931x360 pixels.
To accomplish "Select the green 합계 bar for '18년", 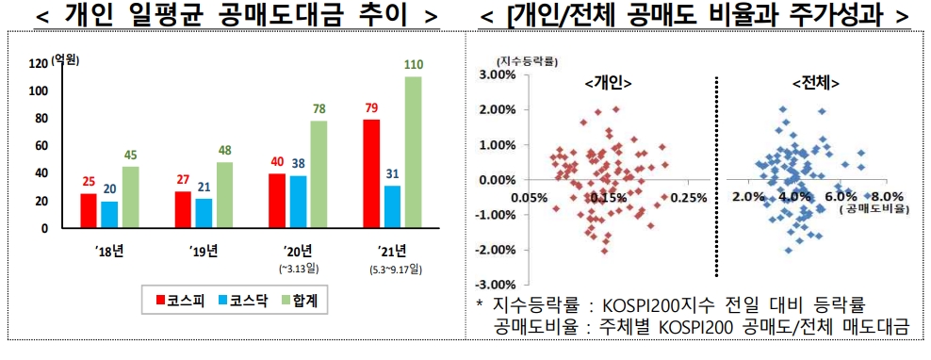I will pos(130,197).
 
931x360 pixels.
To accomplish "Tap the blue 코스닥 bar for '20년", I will pos(298,202).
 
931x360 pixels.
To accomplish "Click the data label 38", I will pos(298,163).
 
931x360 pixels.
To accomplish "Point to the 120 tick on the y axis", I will pos(39,64).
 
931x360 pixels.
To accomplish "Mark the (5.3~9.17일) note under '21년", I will pos(395,270).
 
